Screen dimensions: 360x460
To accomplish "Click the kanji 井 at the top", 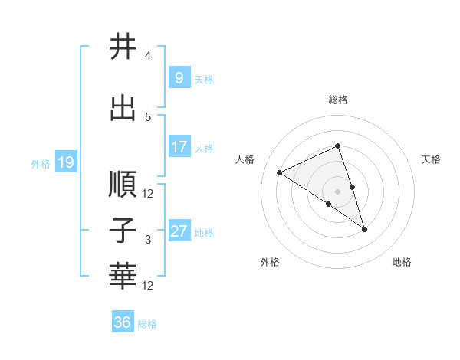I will [123, 47].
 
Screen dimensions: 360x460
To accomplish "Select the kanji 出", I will [123, 108].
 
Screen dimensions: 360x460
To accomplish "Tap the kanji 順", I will [123, 185].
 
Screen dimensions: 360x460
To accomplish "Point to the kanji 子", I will [123, 231].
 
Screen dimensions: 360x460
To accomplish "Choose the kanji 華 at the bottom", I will [123, 276].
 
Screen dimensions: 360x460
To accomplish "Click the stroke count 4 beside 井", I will [147, 56].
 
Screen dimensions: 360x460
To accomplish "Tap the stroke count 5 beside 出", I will [147, 116].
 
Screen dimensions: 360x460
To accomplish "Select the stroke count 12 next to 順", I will [149, 193].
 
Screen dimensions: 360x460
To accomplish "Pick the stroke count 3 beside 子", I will [147, 240].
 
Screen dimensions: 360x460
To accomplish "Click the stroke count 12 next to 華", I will [149, 286].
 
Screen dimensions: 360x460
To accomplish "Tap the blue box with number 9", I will [179, 78].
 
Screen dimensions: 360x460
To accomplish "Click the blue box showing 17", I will [179, 147].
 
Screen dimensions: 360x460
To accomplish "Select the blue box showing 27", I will [179, 231].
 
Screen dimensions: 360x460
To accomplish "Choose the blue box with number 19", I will [66, 162].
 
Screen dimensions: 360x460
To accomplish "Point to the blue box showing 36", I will [123, 322].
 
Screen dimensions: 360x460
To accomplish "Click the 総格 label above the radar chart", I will [337, 100].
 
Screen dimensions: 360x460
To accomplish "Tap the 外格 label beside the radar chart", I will [270, 262].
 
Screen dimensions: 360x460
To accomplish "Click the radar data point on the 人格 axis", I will [280, 172].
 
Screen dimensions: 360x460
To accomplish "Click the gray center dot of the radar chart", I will [337, 191].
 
